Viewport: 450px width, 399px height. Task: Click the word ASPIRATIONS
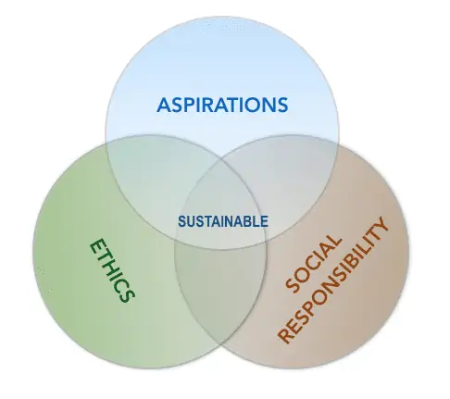(222, 105)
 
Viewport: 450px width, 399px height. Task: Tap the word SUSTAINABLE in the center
(223, 221)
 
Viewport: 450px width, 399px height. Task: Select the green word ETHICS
(112, 270)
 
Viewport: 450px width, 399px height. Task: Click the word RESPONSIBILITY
(332, 280)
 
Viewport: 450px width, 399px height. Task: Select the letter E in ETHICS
(97, 246)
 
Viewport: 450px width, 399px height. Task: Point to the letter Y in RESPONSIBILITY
(381, 225)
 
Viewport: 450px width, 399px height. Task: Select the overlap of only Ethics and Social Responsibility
(220, 293)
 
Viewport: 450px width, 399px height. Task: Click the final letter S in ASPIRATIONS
(281, 105)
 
